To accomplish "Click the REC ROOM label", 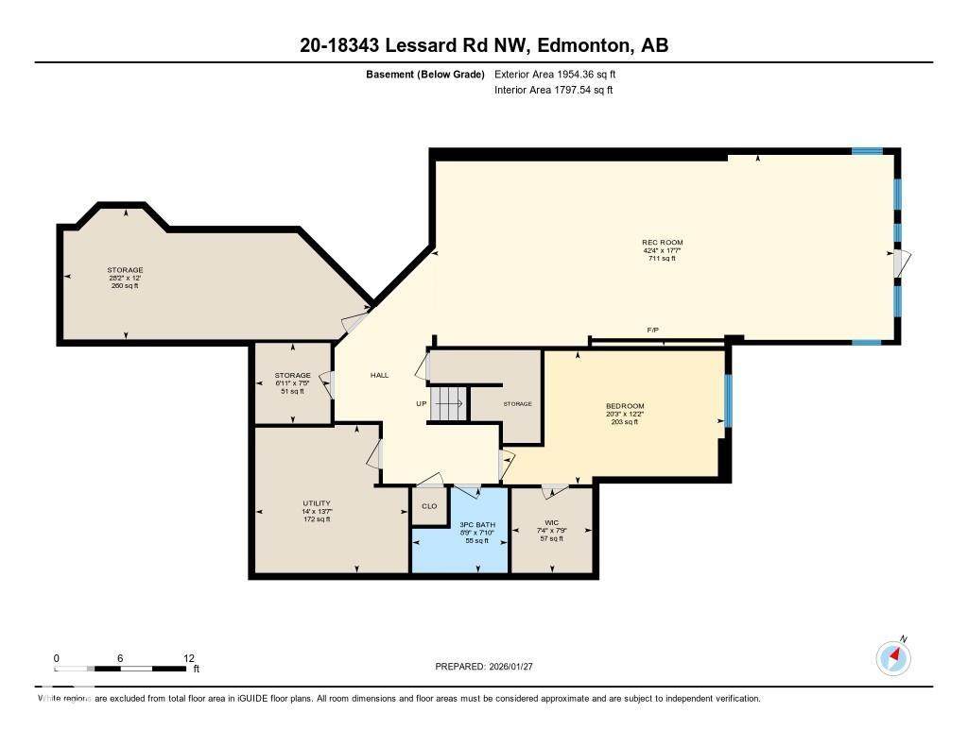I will pos(662,243).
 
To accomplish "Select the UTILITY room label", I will pos(317,503).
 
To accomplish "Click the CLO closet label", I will pos(429,506).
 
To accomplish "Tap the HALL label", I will pos(379,375).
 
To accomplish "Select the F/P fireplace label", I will pos(652,330).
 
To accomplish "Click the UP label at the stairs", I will pos(422,403).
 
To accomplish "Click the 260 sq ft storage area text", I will pos(125,286).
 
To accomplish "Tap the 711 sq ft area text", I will pos(662,259).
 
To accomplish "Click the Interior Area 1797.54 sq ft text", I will pos(554,91).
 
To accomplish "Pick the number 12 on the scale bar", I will pos(188,658).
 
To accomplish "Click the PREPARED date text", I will pos(491,666).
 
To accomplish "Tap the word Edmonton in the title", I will pos(568,45).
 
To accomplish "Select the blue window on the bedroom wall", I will pos(727,400).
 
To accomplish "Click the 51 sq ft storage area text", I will pos(266,391).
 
